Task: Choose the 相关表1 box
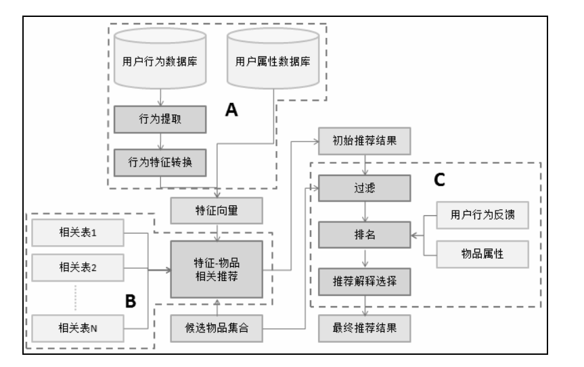74,234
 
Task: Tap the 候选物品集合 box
216,328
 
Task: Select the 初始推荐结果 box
365,144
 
